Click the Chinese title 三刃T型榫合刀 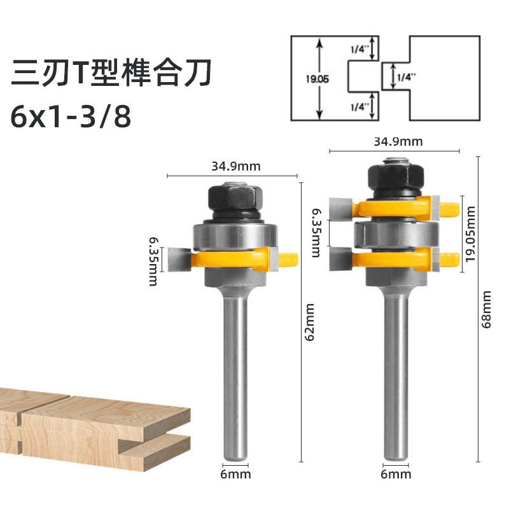pyautogui.click(x=111, y=73)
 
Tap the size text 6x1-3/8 pyautogui.click(x=71, y=116)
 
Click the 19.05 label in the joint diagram pyautogui.click(x=317, y=78)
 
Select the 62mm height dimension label pyautogui.click(x=310, y=323)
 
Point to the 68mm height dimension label pyautogui.click(x=486, y=309)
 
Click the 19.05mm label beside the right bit pyautogui.click(x=470, y=234)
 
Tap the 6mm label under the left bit pyautogui.click(x=235, y=474)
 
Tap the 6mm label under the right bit pyautogui.click(x=396, y=474)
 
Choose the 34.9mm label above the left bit pyautogui.click(x=236, y=166)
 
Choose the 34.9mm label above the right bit pyautogui.click(x=398, y=141)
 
